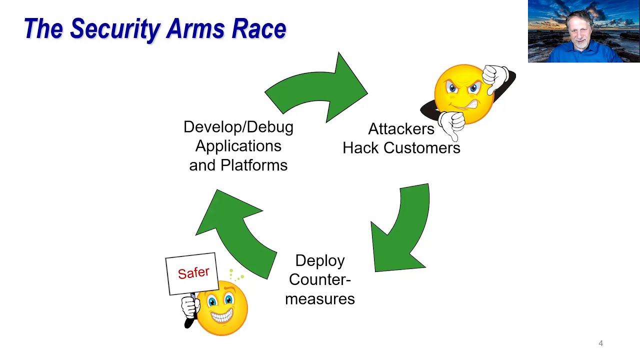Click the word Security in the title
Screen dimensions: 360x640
point(115,29)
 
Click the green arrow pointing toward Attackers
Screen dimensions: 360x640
point(320,90)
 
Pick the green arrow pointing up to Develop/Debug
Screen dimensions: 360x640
point(235,230)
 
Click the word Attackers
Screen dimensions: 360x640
point(401,129)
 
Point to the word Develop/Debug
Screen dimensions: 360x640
point(238,127)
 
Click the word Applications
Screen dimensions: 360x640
point(238,146)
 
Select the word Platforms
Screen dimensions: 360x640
point(254,165)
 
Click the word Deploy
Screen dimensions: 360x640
point(319,261)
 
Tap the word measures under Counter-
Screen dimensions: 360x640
point(319,299)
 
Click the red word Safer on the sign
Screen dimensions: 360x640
point(193,273)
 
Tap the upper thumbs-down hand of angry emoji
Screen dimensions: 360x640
point(496,77)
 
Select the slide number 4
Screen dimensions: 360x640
point(600,343)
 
